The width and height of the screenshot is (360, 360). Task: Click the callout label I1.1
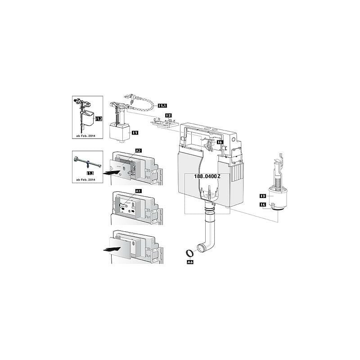[x=162, y=105]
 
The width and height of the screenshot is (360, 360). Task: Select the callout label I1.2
[x=99, y=119]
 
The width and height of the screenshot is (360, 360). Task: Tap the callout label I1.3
[x=90, y=172]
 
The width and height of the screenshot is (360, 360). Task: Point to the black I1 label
[x=135, y=132]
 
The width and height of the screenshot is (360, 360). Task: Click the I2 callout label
[x=168, y=116]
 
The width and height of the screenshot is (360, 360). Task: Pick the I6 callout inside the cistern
[x=219, y=142]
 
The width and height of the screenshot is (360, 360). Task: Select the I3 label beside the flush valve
[x=262, y=196]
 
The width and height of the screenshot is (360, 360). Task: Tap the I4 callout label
[x=262, y=205]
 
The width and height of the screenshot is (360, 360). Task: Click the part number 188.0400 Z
[x=207, y=176]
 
